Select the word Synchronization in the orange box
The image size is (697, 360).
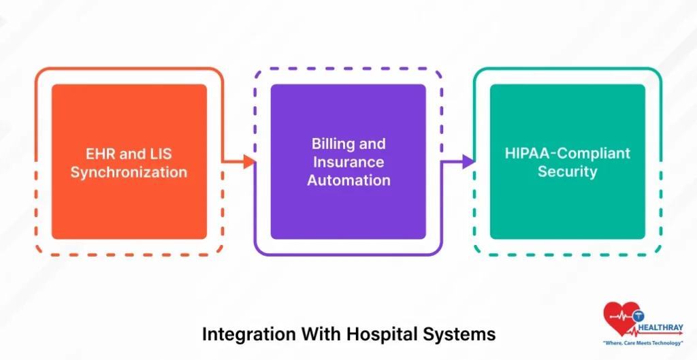click(129, 172)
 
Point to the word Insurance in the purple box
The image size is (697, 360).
click(348, 162)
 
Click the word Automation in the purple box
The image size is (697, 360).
click(348, 180)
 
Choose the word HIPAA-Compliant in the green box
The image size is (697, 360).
click(567, 153)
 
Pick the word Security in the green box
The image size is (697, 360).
click(567, 171)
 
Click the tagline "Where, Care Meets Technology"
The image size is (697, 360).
click(643, 344)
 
